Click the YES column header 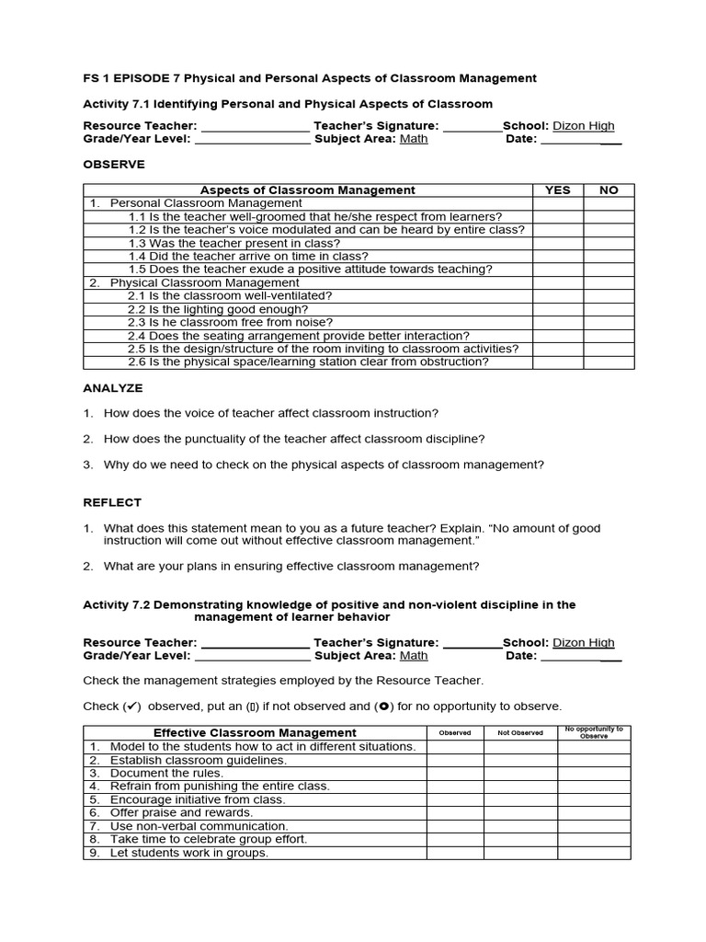[x=557, y=190]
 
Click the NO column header [x=609, y=190]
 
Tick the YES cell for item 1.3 [x=557, y=243]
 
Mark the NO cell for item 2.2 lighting [x=609, y=310]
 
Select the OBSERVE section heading [x=114, y=165]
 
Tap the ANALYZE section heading [x=113, y=389]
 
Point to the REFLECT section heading [x=112, y=502]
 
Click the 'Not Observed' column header [x=520, y=733]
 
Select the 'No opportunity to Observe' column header [x=594, y=733]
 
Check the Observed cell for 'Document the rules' [x=454, y=774]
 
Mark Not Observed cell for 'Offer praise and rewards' [x=520, y=813]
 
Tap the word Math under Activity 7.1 [x=414, y=139]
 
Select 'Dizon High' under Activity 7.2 [x=583, y=643]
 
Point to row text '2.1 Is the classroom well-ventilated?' [x=230, y=296]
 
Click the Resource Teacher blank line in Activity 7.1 [x=255, y=127]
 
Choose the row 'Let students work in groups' [x=188, y=853]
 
